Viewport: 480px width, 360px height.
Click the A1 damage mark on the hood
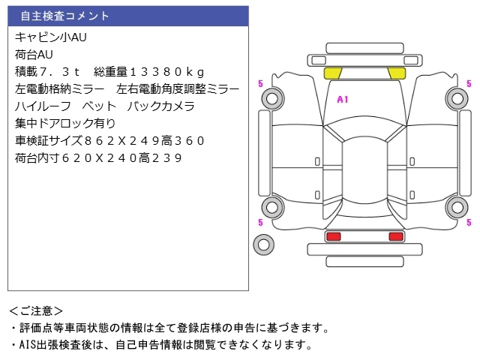[343, 99]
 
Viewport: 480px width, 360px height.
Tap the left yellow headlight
[332, 73]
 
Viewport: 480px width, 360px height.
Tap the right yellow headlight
[396, 73]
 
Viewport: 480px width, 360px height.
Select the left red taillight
[333, 236]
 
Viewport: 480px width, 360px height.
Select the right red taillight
[395, 236]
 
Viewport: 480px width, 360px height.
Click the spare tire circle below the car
[263, 244]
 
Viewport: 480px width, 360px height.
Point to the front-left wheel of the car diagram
[272, 97]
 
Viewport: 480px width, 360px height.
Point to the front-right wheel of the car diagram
[456, 97]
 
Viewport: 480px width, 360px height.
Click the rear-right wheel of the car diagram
[456, 207]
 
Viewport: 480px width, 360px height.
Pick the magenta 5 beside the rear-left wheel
[259, 222]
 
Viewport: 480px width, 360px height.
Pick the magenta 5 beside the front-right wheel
[469, 83]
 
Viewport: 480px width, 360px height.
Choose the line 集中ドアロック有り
[65, 123]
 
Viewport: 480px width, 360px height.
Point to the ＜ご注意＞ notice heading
[36, 310]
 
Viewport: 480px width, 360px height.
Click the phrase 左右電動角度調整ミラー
[178, 88]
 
